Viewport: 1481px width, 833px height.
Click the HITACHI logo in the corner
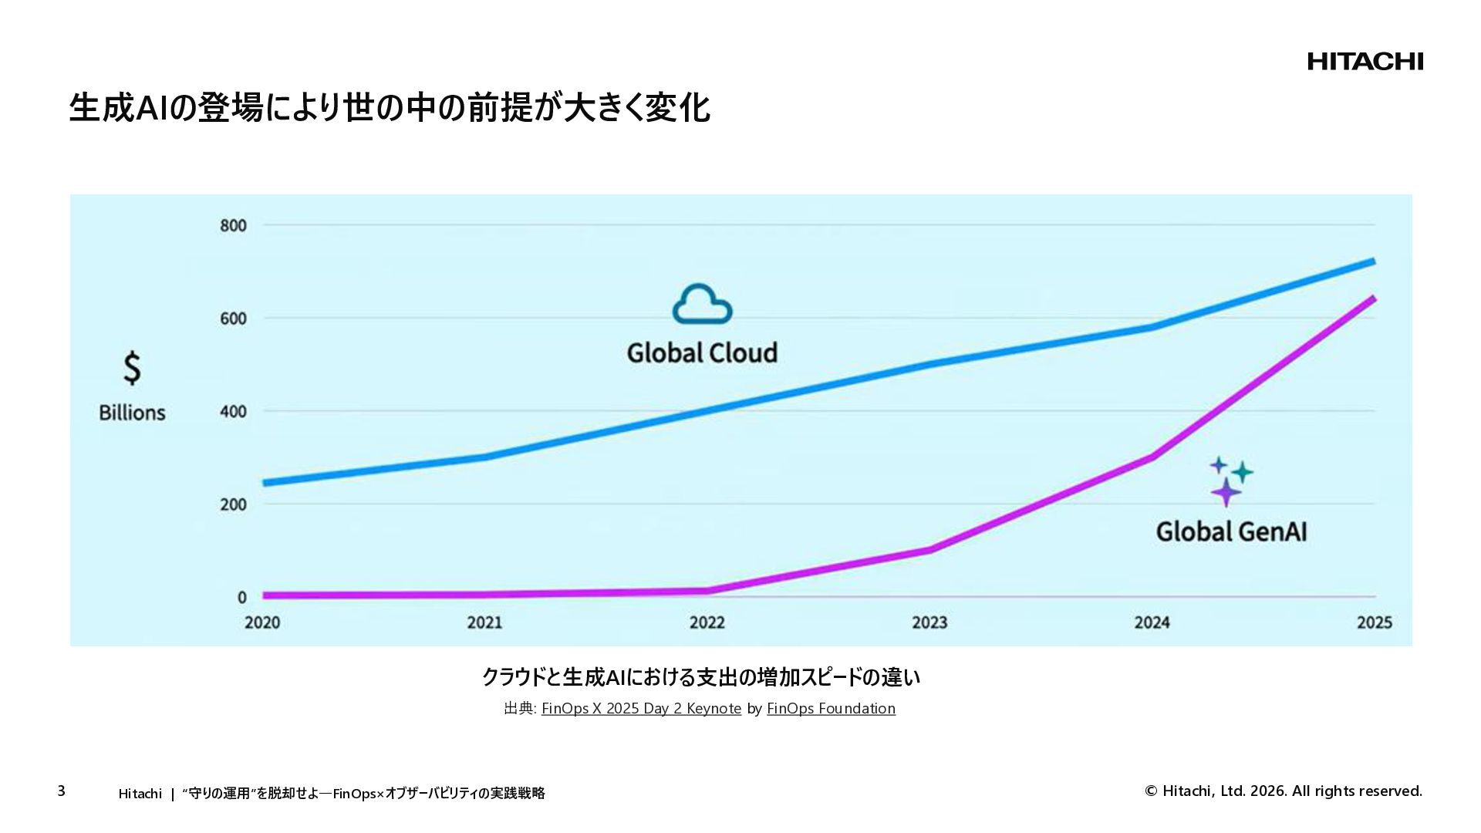pyautogui.click(x=1365, y=62)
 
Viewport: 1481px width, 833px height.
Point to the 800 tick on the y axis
pyautogui.click(x=233, y=226)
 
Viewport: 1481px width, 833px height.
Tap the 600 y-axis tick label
pyautogui.click(x=233, y=319)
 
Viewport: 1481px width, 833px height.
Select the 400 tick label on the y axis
pyautogui.click(x=233, y=411)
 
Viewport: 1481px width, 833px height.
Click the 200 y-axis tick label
pyautogui.click(x=233, y=504)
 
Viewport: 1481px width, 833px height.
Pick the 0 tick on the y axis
pyautogui.click(x=242, y=597)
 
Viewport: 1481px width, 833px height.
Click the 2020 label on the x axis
pyautogui.click(x=262, y=622)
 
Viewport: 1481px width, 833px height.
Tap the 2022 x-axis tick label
pyautogui.click(x=707, y=622)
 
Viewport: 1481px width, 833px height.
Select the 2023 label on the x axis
pyautogui.click(x=929, y=622)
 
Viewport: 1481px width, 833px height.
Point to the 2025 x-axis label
pyautogui.click(x=1375, y=622)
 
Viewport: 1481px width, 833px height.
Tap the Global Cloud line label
pyautogui.click(x=702, y=353)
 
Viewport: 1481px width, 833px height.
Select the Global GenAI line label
pyautogui.click(x=1231, y=531)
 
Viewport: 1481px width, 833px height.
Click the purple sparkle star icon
pyautogui.click(x=1226, y=492)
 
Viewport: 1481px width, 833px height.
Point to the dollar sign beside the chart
pyautogui.click(x=133, y=368)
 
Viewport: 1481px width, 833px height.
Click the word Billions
pyautogui.click(x=132, y=413)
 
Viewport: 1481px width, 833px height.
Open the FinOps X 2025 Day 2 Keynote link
pyautogui.click(x=641, y=708)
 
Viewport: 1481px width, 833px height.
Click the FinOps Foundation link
pyautogui.click(x=831, y=708)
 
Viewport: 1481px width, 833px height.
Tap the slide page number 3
pyautogui.click(x=62, y=791)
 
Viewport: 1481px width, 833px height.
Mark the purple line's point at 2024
pyautogui.click(x=1152, y=457)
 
